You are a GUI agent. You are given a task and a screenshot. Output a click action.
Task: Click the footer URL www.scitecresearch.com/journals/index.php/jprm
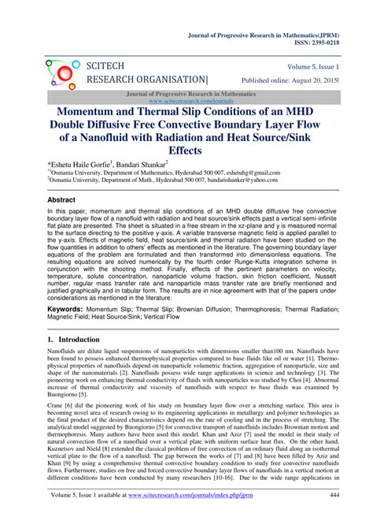[x=205, y=517]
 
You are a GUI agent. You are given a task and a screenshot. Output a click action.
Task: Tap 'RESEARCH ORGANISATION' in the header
[x=148, y=80]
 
